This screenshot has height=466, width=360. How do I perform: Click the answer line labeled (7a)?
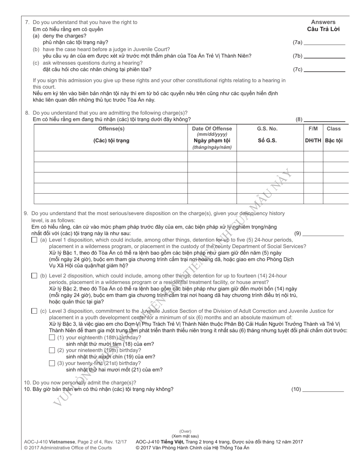pyautogui.click(x=324, y=43)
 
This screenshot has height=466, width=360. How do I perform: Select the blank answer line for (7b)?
pyautogui.click(x=324, y=56)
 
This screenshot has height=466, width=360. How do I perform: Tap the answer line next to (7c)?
pyautogui.click(x=324, y=70)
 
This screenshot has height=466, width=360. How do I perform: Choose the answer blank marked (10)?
pyautogui.click(x=323, y=389)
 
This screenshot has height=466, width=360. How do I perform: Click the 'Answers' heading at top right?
pyautogui.click(x=323, y=22)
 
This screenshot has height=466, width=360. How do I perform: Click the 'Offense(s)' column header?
pyautogui.click(x=111, y=129)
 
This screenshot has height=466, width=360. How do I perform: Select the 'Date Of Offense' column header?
pyautogui.click(x=212, y=129)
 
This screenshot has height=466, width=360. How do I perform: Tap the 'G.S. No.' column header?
pyautogui.click(x=267, y=129)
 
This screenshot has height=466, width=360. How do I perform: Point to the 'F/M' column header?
pyautogui.click(x=313, y=129)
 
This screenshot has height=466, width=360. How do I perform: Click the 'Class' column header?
pyautogui.click(x=333, y=129)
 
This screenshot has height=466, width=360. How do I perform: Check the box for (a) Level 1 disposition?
pyautogui.click(x=34, y=240)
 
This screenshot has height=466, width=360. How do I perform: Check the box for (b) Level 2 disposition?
pyautogui.click(x=34, y=276)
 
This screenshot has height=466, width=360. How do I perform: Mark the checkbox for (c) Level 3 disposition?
pyautogui.click(x=34, y=311)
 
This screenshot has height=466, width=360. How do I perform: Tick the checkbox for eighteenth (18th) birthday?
pyautogui.click(x=52, y=338)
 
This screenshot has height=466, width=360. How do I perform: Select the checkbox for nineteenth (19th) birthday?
pyautogui.click(x=52, y=350)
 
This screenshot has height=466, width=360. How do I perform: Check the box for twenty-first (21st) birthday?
pyautogui.click(x=52, y=363)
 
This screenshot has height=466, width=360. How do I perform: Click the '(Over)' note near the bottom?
pyautogui.click(x=185, y=432)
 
